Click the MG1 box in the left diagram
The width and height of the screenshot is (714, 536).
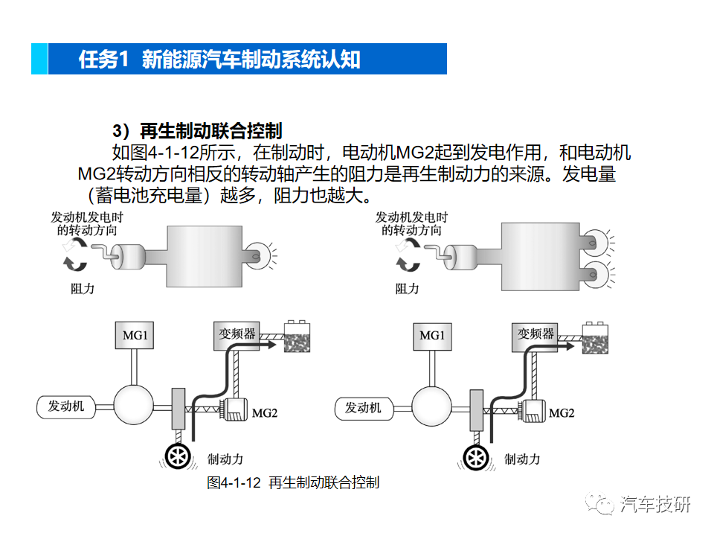(x=135, y=336)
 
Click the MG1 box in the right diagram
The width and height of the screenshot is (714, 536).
(x=431, y=336)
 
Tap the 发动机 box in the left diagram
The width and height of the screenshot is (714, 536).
(x=66, y=406)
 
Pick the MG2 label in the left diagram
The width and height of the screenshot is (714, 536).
(x=264, y=412)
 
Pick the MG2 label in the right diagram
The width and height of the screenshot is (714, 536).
(x=561, y=412)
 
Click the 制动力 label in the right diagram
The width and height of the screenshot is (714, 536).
(x=522, y=459)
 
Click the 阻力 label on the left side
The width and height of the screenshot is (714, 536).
(x=83, y=288)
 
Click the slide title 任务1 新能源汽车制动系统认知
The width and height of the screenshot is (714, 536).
(x=220, y=60)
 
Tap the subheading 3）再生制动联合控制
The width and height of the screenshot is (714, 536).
(x=198, y=132)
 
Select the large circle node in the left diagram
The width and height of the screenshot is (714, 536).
(x=134, y=406)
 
